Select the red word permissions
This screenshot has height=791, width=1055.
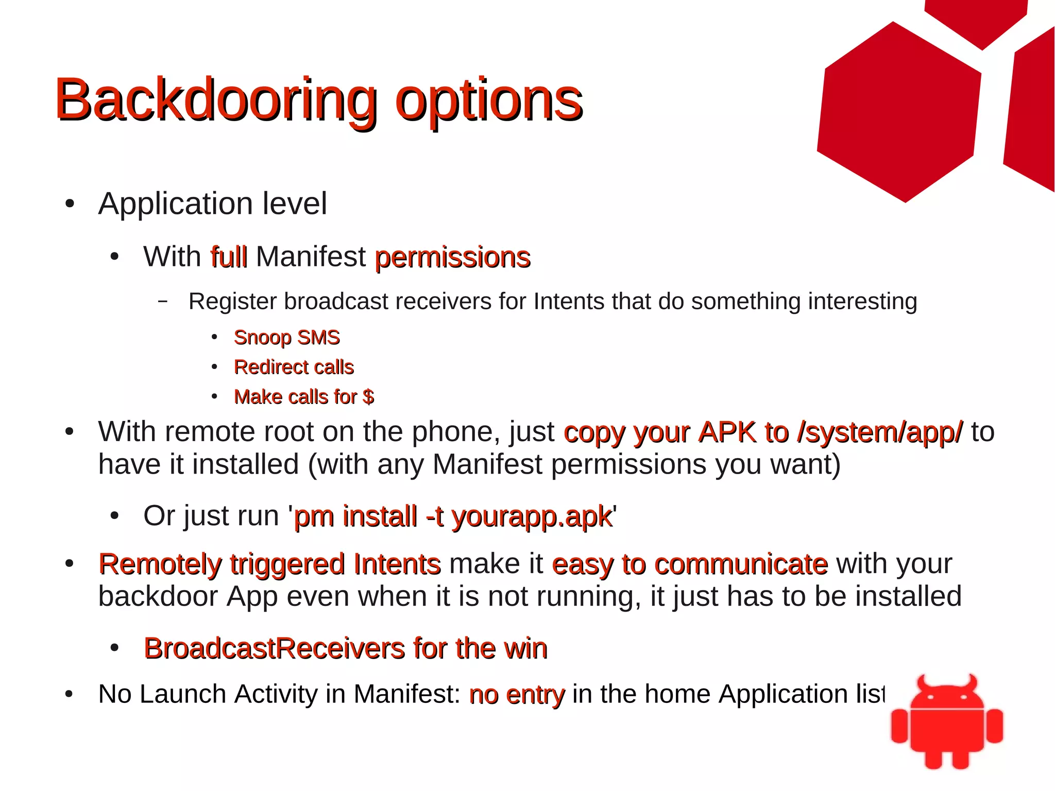pyautogui.click(x=452, y=258)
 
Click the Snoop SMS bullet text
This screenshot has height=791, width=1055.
pyautogui.click(x=286, y=338)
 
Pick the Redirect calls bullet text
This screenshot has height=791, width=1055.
pyautogui.click(x=294, y=367)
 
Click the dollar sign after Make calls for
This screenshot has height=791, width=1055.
pyautogui.click(x=368, y=397)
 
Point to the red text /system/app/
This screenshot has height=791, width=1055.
pyautogui.click(x=879, y=432)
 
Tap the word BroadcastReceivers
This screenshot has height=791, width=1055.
pyautogui.click(x=274, y=648)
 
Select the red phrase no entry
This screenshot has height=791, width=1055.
pyautogui.click(x=517, y=694)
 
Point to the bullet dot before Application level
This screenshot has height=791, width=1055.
pyautogui.click(x=70, y=204)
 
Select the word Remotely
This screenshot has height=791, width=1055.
pyautogui.click(x=160, y=564)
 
